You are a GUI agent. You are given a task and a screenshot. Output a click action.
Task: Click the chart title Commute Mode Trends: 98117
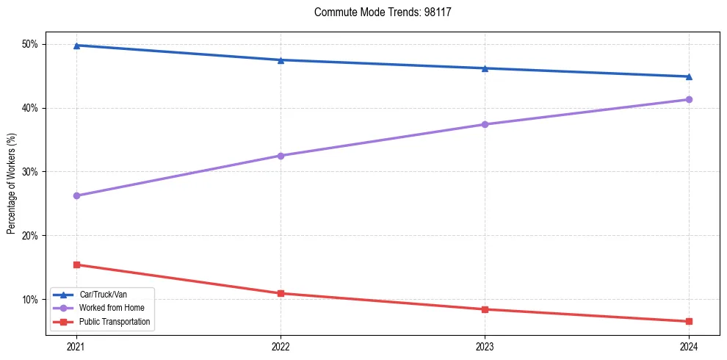click(383, 12)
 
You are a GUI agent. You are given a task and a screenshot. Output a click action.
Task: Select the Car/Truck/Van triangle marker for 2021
click(76, 46)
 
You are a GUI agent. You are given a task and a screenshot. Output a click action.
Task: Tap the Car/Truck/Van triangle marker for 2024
click(689, 76)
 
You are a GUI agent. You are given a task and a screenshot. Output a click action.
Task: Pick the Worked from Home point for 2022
click(281, 156)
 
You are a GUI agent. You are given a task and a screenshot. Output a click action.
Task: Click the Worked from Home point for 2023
click(485, 124)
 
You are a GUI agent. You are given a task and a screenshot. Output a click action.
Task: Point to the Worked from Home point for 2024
click(689, 99)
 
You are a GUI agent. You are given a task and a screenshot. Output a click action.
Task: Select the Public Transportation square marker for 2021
click(76, 264)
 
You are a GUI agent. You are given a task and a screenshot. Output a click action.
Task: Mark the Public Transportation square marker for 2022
click(281, 293)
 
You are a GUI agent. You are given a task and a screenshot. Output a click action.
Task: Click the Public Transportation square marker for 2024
click(689, 321)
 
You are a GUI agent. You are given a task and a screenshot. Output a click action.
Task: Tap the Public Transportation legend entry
click(114, 321)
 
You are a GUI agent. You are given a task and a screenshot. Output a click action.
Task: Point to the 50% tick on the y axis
click(30, 44)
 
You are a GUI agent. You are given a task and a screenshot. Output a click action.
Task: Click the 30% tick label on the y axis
click(30, 172)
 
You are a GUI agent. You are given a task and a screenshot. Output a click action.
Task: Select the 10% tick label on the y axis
click(30, 300)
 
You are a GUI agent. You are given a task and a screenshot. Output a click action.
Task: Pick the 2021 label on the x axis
click(76, 346)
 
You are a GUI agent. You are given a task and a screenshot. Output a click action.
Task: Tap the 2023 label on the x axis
click(485, 346)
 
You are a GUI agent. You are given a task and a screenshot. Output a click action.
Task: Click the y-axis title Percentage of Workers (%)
click(11, 184)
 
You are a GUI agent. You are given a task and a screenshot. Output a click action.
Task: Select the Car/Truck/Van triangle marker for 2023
click(485, 68)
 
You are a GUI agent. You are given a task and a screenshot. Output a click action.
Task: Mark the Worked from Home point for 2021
click(76, 195)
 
